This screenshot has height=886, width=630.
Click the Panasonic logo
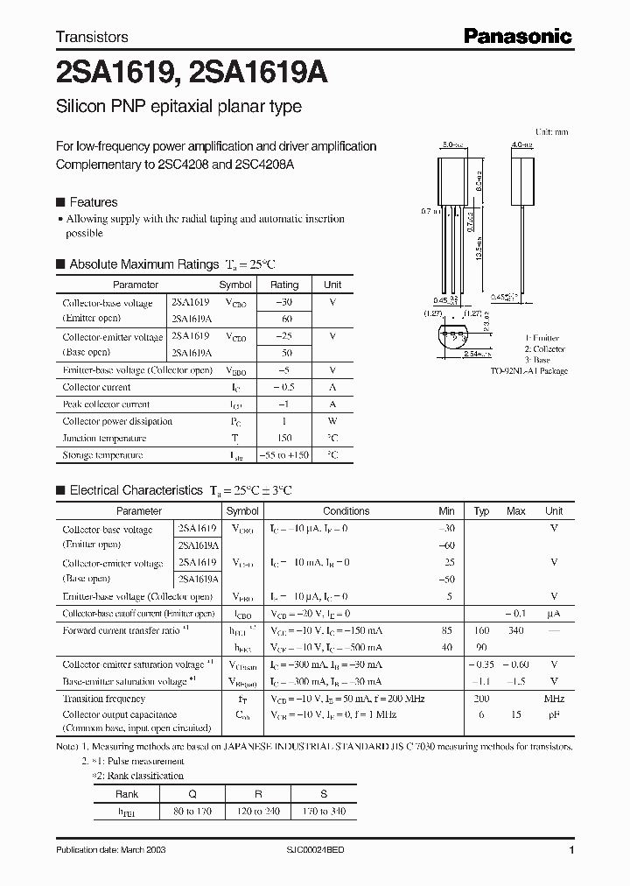point(517,36)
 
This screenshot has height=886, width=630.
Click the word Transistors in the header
point(92,37)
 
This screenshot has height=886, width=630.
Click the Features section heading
point(94,201)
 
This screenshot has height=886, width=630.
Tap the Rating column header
point(283,285)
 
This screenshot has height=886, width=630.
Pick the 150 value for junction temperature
point(283,438)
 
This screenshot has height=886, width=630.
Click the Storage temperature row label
point(102,455)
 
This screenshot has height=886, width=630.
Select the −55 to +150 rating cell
point(283,455)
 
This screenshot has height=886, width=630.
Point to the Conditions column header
point(346,511)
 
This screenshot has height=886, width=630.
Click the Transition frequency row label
point(104,699)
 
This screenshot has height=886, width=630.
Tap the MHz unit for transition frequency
point(554,699)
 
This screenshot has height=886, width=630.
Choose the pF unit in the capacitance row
point(554,714)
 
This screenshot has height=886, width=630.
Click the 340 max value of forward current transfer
point(516,630)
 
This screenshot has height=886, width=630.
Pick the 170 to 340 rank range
point(324,812)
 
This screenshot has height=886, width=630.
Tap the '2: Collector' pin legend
point(544,349)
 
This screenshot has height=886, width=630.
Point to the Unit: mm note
point(551,131)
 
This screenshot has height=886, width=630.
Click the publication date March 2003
point(110,850)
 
